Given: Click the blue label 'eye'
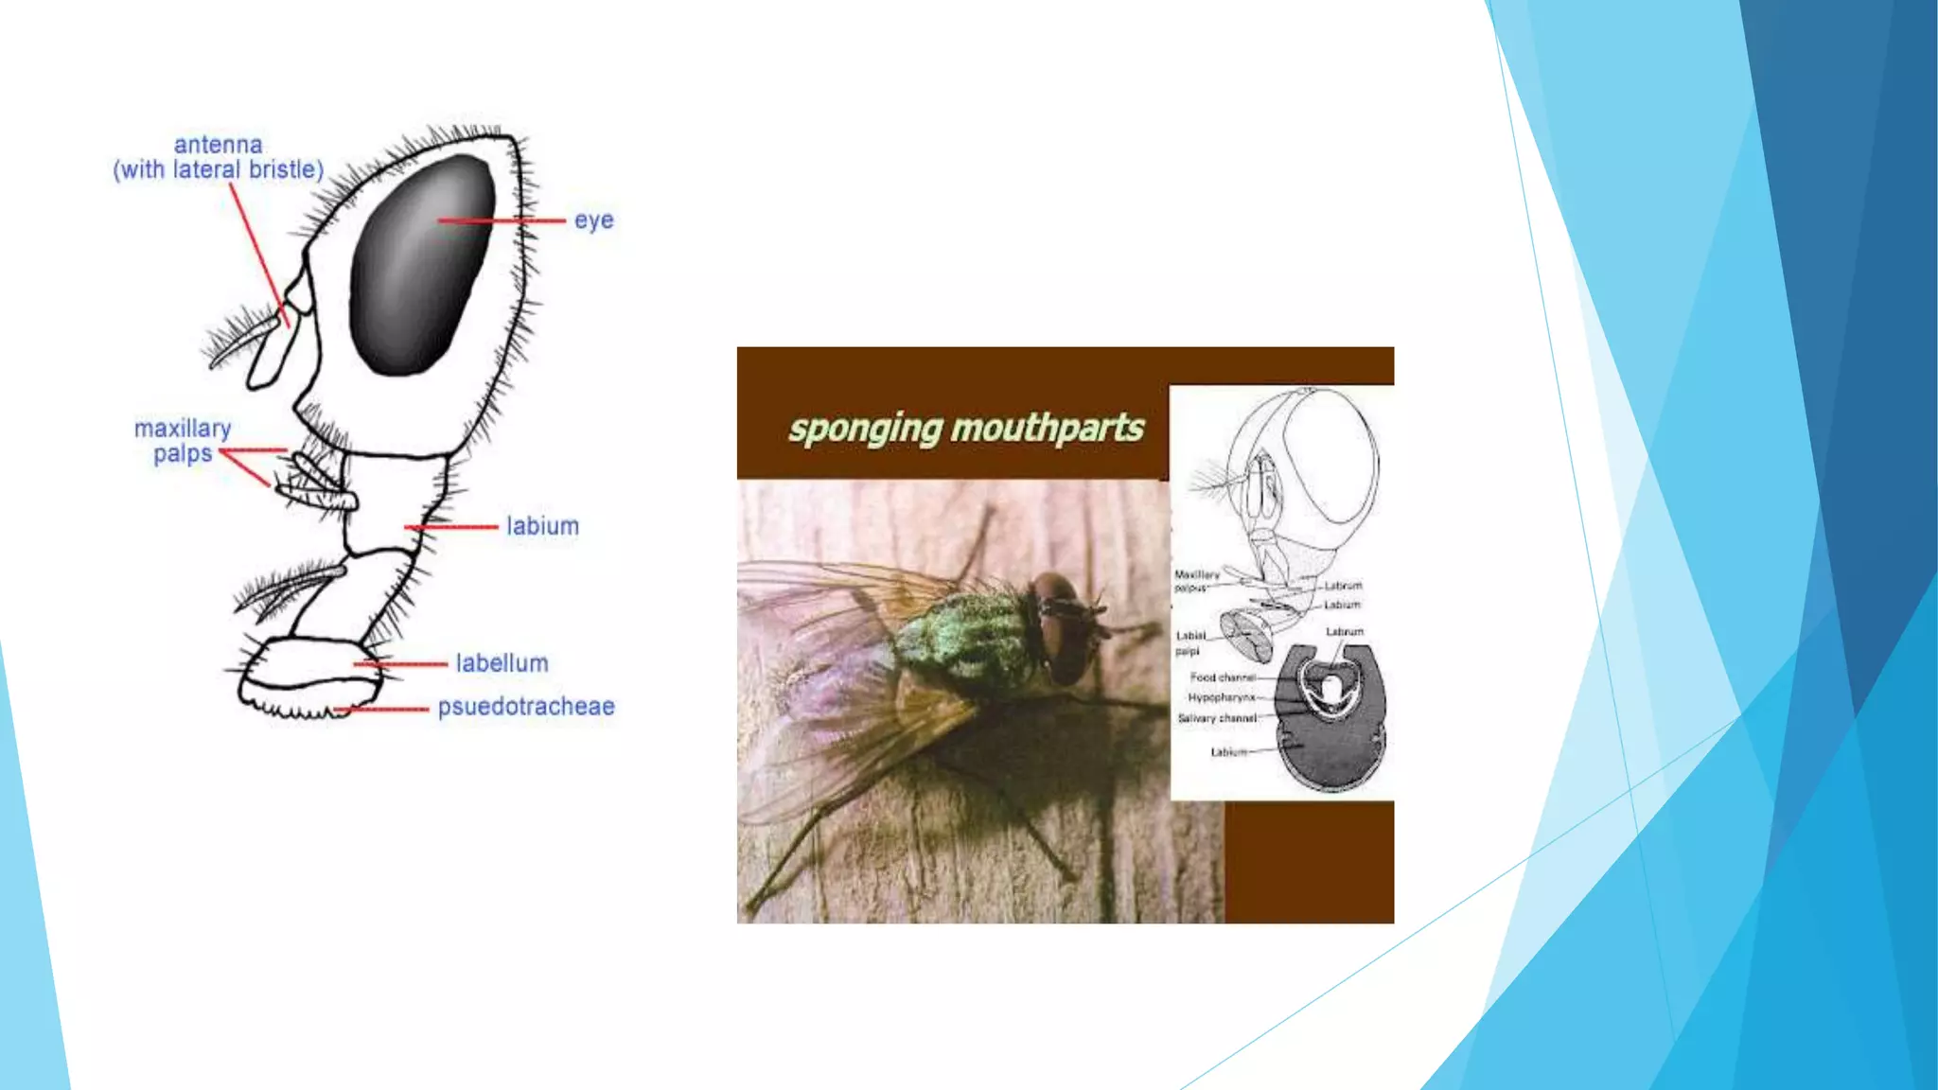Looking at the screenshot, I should (x=593, y=220).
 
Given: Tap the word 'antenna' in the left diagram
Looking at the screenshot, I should (x=218, y=145).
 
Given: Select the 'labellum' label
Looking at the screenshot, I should (x=502, y=663).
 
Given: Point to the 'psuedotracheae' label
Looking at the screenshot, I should (x=525, y=707).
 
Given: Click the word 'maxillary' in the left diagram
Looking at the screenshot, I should (x=183, y=429).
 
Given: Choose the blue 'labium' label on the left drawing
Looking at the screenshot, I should (x=542, y=526).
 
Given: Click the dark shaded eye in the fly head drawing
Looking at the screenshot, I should (x=421, y=265).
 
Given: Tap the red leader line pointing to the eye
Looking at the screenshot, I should (x=502, y=220).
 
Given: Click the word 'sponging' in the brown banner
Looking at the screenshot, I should (x=866, y=429).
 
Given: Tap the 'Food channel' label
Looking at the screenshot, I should (x=1222, y=677).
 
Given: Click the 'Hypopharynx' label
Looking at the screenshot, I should (x=1221, y=697).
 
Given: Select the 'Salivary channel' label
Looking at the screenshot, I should (x=1217, y=718).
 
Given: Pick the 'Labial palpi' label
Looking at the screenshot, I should (x=1189, y=642).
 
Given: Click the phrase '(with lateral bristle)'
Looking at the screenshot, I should (x=218, y=170).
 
